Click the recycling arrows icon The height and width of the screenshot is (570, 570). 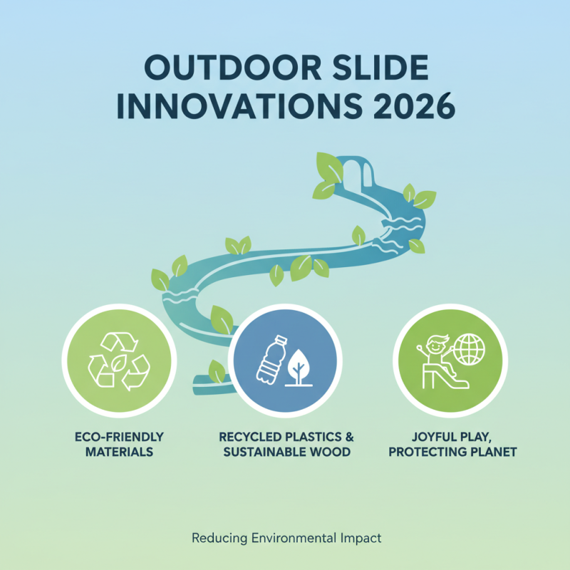118,360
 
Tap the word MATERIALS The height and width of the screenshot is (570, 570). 118,452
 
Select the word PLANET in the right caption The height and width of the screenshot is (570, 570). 492,452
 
